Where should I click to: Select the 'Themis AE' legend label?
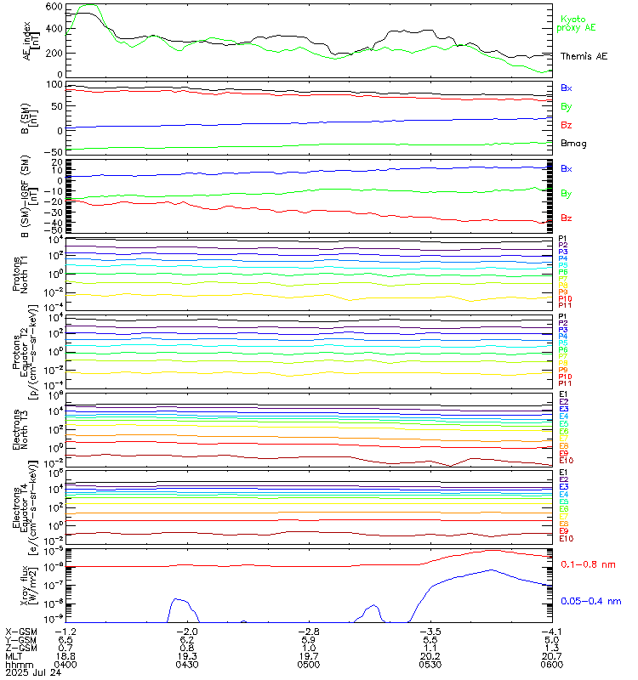point(584,55)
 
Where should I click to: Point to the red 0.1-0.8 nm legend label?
point(588,564)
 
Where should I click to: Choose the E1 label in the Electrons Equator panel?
point(563,472)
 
